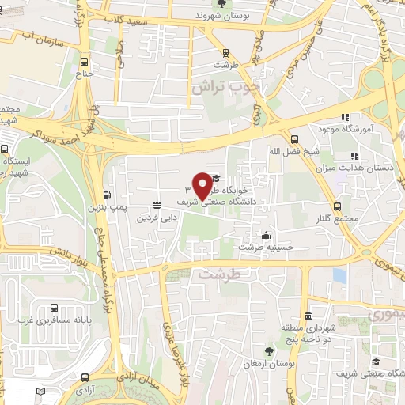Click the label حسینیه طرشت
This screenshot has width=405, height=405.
269,247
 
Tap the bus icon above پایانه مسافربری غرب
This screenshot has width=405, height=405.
54,308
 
